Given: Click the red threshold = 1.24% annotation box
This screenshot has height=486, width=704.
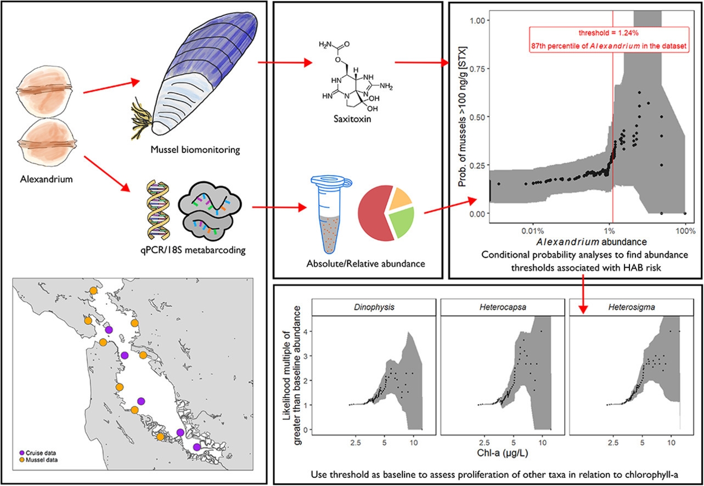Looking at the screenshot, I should tap(609, 41).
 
